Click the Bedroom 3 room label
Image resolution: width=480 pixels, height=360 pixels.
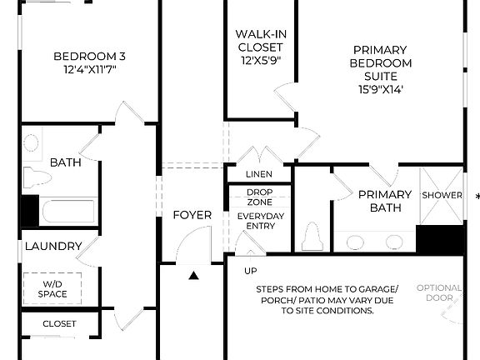(89, 56)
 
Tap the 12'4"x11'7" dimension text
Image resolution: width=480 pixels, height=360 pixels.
(89, 70)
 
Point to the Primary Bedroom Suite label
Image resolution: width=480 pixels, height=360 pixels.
(382, 62)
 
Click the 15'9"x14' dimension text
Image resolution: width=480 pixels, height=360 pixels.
(382, 89)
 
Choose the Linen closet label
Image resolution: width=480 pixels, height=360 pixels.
(259, 174)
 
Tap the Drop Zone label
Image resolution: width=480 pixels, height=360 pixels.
(260, 197)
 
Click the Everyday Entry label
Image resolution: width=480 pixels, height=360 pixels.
(260, 221)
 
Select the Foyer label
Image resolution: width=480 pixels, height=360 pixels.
(192, 215)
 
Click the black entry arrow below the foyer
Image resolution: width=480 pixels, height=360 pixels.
(194, 275)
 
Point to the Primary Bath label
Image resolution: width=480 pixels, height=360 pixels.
(385, 201)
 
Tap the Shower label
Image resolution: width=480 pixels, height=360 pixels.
(442, 195)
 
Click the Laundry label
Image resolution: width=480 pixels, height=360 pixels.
(52, 246)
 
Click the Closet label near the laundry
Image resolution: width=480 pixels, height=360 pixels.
(59, 323)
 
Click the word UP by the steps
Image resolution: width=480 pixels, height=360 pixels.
(250, 271)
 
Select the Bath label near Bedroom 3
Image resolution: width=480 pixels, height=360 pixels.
(65, 162)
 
